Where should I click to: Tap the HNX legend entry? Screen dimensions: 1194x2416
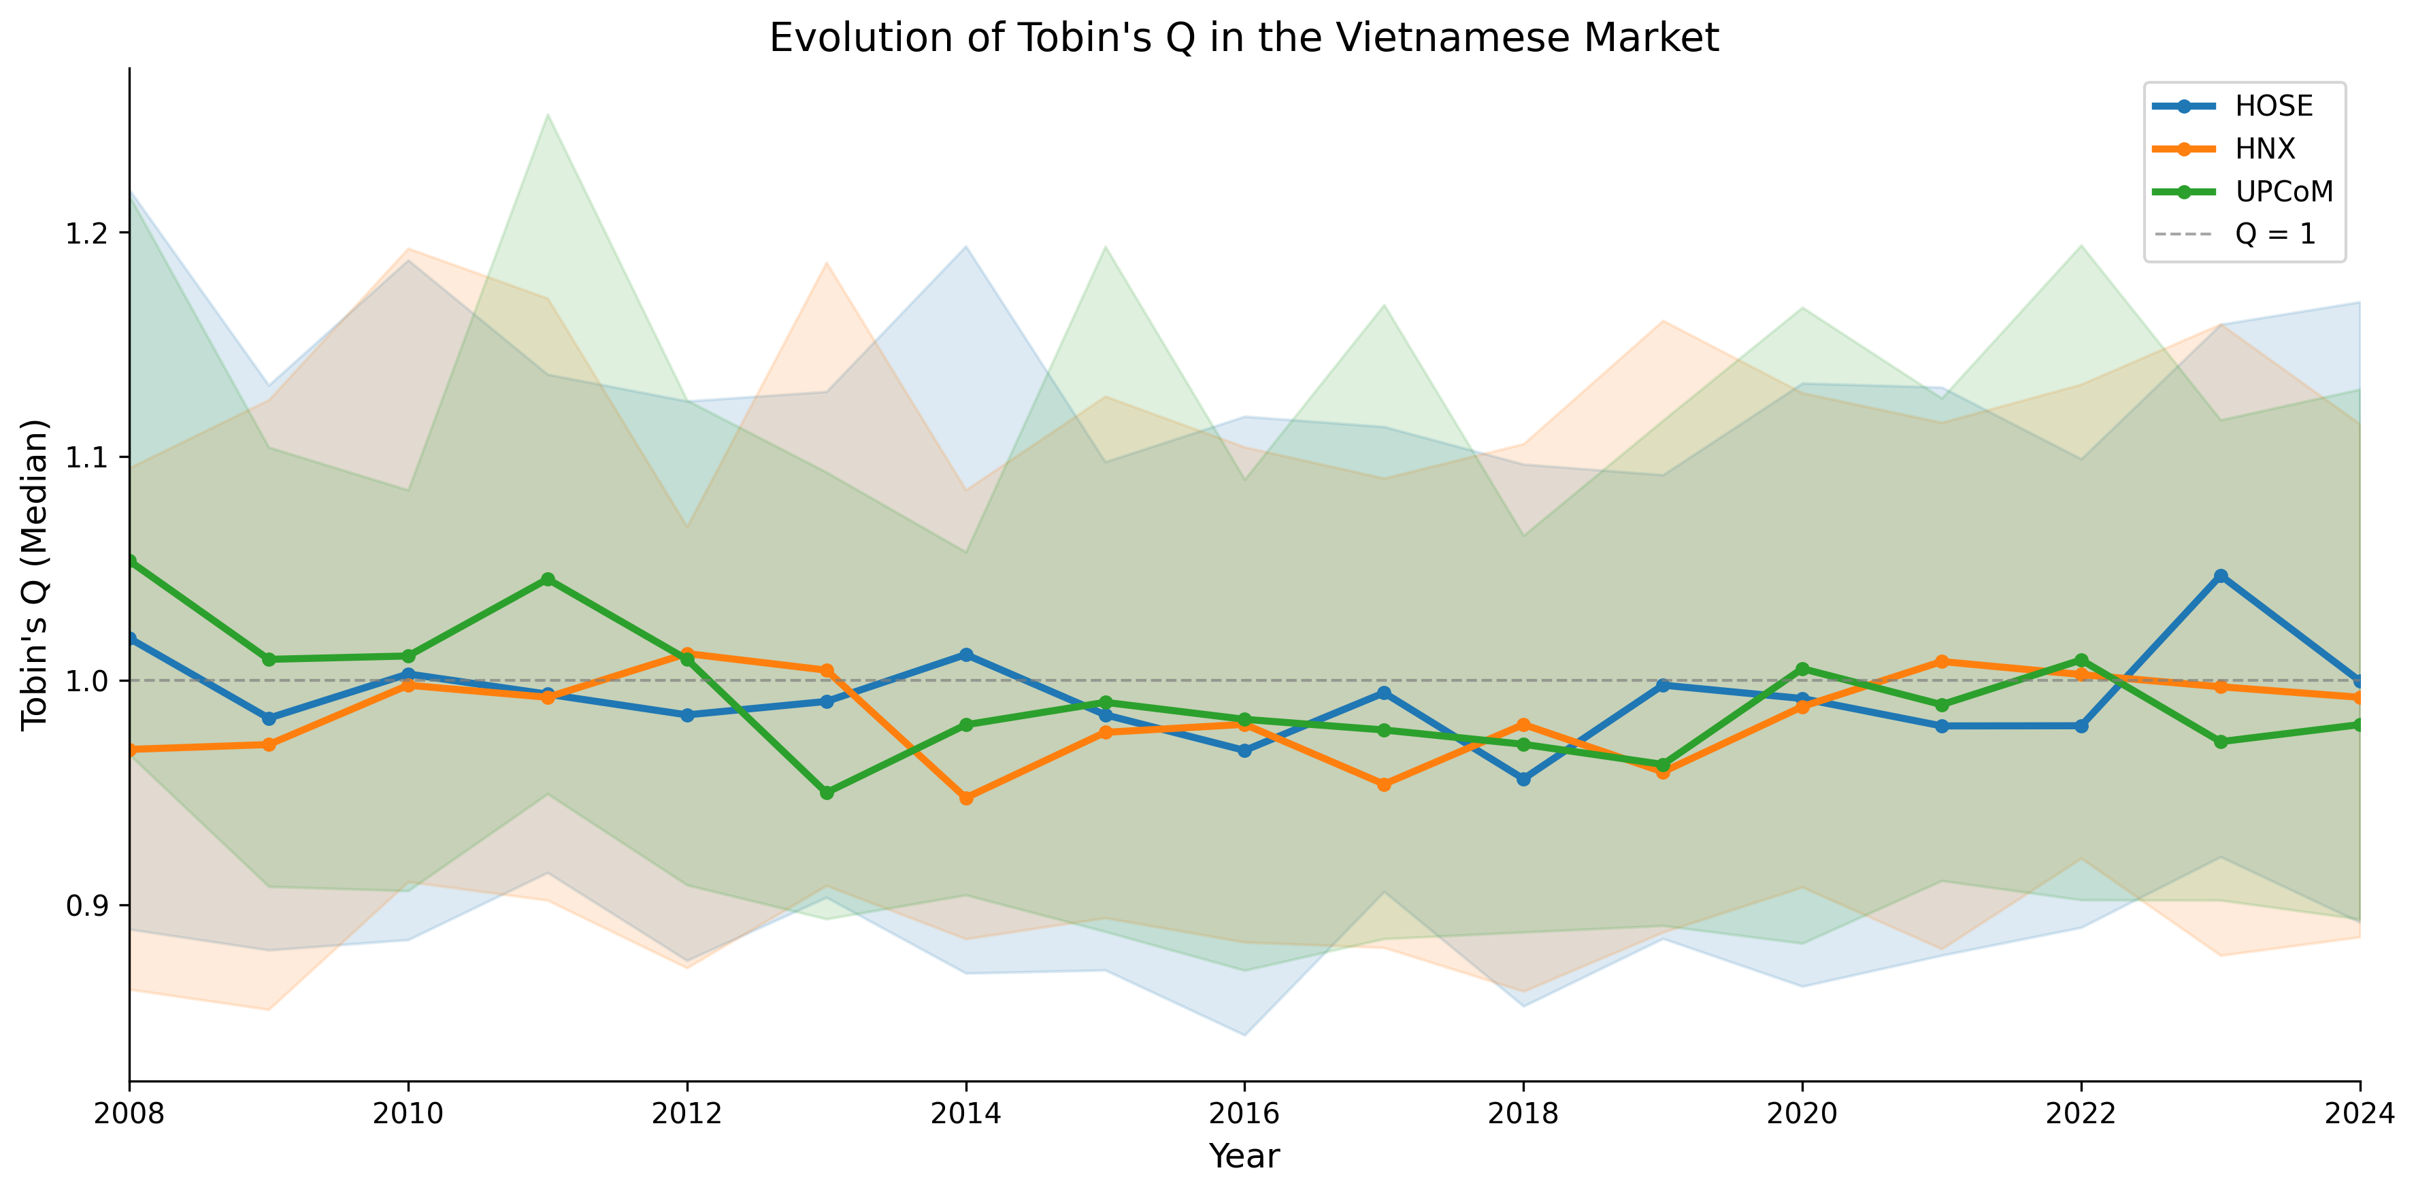(2264, 148)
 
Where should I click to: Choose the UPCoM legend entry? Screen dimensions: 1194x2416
(2283, 191)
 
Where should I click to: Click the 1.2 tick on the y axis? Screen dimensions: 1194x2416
(84, 233)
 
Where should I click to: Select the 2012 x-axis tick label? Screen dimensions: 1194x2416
(686, 1113)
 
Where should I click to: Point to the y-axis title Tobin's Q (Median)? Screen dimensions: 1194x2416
(35, 574)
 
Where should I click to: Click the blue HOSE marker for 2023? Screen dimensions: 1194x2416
(2220, 576)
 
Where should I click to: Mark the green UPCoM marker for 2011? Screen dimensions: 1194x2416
(548, 580)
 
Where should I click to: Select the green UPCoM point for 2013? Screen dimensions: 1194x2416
(826, 793)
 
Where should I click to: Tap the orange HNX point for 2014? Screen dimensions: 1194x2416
(966, 798)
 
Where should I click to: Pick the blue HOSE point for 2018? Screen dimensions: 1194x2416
(1523, 778)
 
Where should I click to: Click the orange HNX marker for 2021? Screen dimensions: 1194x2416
(1941, 661)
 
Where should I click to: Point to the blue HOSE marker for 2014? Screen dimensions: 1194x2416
(966, 654)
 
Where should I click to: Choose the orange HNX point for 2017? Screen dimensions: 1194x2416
(1383, 784)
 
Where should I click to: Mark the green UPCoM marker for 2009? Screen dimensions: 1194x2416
(269, 659)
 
